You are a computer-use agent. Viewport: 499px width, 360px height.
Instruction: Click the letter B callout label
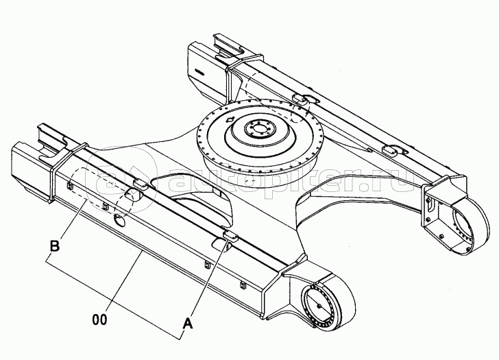point(55,245)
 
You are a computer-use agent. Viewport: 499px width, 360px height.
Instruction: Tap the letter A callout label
point(188,324)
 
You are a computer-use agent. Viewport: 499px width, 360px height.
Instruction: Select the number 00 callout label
point(100,320)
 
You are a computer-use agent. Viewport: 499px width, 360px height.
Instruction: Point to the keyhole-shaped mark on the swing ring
point(229,119)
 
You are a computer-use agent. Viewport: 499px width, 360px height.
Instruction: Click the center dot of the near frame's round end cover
point(319,306)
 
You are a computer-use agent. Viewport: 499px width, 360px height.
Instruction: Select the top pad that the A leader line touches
point(231,236)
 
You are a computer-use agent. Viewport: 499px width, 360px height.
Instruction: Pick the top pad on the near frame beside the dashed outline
point(139,184)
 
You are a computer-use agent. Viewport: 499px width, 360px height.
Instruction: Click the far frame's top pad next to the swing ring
point(299,98)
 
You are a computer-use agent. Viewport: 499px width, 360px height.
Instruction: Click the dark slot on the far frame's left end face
point(199,71)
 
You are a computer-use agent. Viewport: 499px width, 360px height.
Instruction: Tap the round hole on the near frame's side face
point(120,219)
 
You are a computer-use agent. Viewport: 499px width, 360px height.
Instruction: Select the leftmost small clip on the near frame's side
point(69,185)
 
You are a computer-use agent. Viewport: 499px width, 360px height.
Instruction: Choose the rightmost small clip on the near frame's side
point(242,285)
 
